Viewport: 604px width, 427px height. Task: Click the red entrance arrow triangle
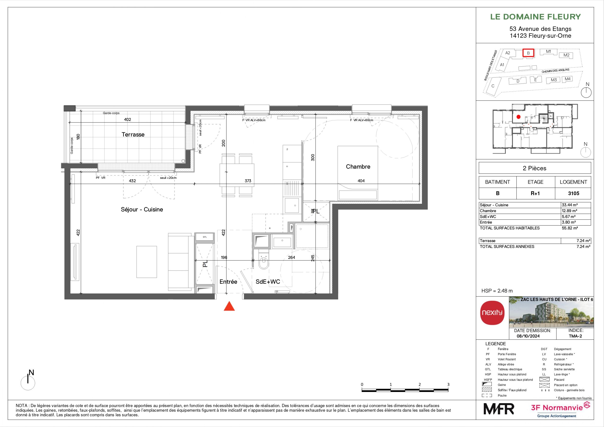point(229,307)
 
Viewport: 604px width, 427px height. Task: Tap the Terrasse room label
point(133,135)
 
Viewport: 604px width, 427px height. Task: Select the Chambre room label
point(358,166)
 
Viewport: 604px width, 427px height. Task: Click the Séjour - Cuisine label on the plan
point(142,209)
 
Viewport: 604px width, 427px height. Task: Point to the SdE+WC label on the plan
point(268,282)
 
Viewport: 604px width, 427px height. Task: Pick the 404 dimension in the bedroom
point(361,181)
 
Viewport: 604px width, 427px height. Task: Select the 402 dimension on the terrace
point(127,119)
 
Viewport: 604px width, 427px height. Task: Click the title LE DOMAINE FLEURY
point(535,17)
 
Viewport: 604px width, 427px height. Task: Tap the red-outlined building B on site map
point(528,53)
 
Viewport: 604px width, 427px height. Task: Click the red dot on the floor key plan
point(519,117)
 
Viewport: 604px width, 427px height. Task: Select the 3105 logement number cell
point(574,193)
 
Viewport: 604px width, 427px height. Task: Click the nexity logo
point(492,313)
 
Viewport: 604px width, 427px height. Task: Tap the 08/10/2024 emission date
point(528,336)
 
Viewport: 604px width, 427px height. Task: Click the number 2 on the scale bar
point(420,384)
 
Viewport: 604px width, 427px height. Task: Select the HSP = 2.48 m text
point(497,291)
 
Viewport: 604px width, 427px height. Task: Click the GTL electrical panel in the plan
point(205,237)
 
